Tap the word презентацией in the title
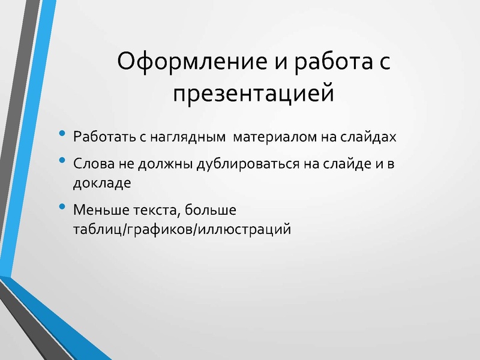coord(253,94)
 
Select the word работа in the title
coord(326,62)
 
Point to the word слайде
coord(346,164)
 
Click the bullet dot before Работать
coord(63,135)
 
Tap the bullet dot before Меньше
coord(63,209)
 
